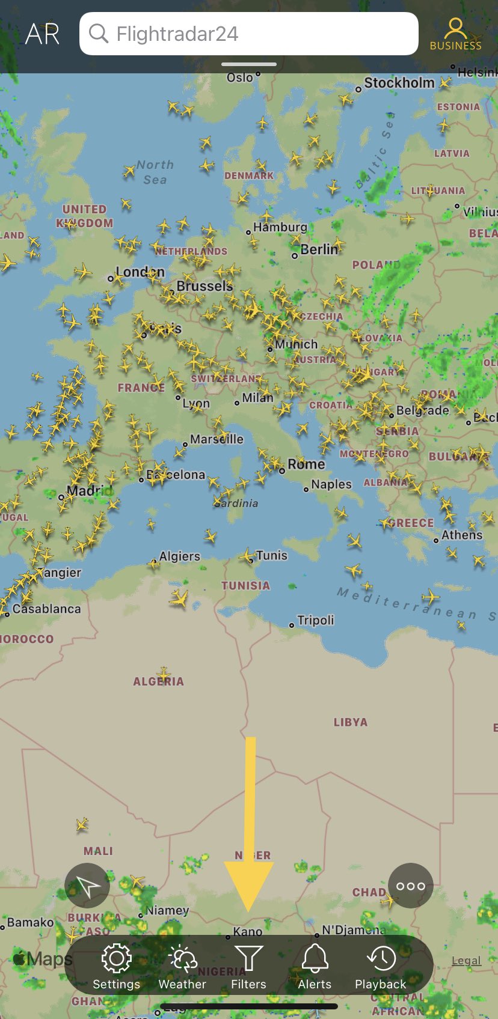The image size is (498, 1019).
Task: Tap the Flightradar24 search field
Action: [248, 34]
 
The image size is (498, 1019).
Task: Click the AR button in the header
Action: [42, 34]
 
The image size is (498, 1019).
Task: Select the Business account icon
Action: [455, 34]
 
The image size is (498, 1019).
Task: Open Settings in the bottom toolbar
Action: [116, 966]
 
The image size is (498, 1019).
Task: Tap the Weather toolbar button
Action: [182, 966]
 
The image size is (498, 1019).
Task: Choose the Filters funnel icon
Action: [248, 966]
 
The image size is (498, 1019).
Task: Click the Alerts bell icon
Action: [315, 966]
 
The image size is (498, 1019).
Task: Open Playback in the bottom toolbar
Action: [380, 966]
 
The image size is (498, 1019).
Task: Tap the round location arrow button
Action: [87, 886]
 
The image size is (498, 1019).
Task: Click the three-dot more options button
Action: [411, 886]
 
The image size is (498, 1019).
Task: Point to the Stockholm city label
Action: [399, 83]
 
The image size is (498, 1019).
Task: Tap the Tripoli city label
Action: [315, 620]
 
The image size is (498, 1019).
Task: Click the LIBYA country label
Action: [350, 722]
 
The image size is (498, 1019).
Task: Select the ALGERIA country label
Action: [158, 682]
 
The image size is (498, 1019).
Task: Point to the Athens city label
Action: [461, 535]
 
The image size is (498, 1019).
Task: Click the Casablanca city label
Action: [46, 609]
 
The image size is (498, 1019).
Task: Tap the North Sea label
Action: [155, 172]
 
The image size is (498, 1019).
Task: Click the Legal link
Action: [466, 961]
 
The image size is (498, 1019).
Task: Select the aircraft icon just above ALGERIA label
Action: [163, 672]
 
